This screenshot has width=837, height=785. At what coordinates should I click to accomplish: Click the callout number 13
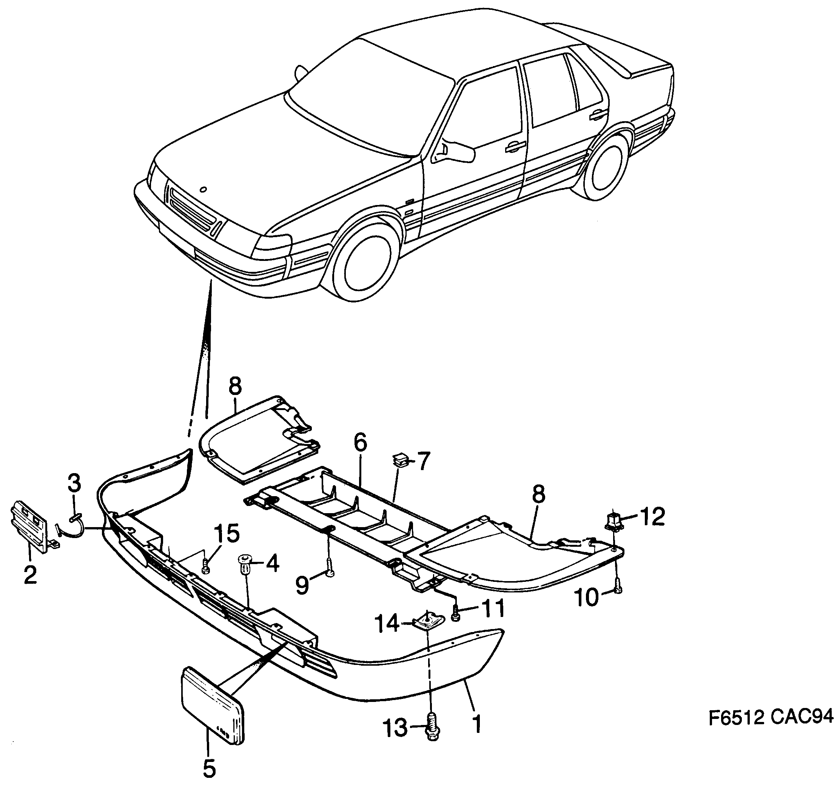point(395,728)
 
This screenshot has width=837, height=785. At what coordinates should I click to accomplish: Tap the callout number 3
point(74,484)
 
